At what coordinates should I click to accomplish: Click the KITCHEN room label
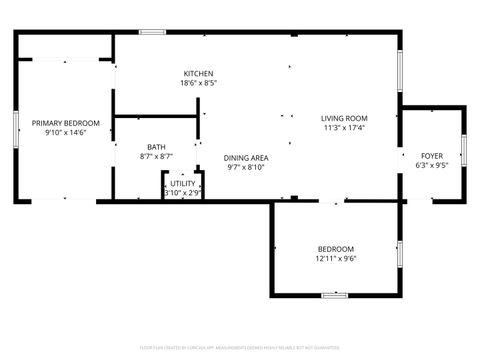point(198,73)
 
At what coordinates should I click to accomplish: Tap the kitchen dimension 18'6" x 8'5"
point(198,84)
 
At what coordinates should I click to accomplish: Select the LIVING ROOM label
point(345,118)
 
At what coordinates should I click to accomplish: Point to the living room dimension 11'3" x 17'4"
point(345,128)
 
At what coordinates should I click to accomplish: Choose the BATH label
point(156,147)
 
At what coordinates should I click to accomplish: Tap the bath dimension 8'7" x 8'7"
point(156,157)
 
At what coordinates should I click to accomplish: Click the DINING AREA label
point(246,157)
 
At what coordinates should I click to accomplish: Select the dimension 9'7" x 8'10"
point(246,167)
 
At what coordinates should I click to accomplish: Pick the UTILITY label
point(182,183)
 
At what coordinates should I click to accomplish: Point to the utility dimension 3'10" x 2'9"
point(182,192)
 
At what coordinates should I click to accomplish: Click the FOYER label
point(431,155)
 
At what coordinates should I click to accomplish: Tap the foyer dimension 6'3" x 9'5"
point(431,166)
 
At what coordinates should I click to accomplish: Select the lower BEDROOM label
point(335,249)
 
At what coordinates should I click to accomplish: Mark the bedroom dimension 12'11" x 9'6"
point(335,259)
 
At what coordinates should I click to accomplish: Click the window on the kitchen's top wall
point(152,33)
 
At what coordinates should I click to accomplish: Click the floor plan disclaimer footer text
point(240,350)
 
